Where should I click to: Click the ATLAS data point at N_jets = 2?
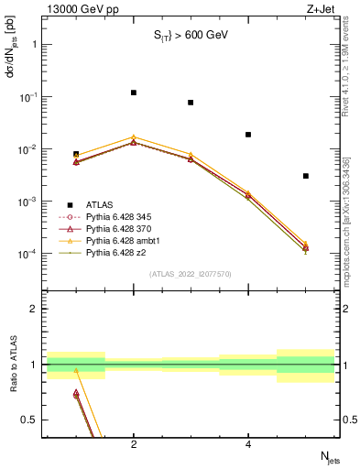[x=134, y=93]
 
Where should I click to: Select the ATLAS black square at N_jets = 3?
[x=191, y=103]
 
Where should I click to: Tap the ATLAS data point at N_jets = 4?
[x=248, y=135]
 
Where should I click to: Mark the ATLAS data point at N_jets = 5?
[x=306, y=176]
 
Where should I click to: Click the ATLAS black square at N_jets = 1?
[x=76, y=154]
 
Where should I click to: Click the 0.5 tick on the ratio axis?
[x=31, y=420]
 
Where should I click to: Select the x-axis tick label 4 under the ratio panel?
[x=248, y=444]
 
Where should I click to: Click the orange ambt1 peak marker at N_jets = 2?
[x=134, y=136]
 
